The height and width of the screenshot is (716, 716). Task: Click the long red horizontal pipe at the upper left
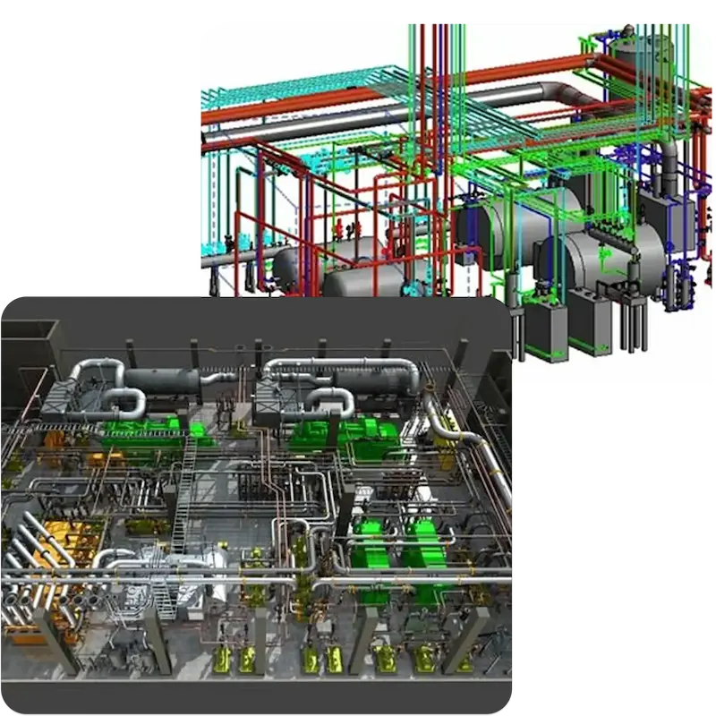tap(268, 107)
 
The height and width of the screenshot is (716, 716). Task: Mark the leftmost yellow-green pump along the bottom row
tap(221, 660)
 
